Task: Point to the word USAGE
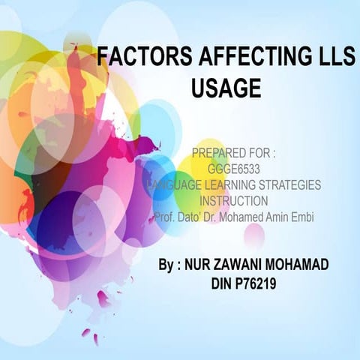click(226, 88)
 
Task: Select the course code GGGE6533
click(234, 169)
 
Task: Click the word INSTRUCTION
click(234, 200)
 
